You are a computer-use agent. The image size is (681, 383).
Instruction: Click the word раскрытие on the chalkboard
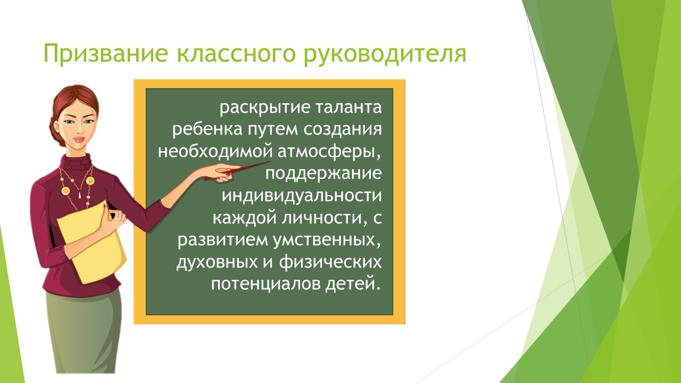tap(265, 108)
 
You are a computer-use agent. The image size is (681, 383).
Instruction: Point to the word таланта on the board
tap(348, 107)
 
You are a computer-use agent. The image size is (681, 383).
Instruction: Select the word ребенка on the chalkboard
tap(207, 129)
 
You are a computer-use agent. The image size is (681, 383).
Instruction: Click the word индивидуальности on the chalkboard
tap(302, 195)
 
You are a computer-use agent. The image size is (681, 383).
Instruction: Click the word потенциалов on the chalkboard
tap(265, 284)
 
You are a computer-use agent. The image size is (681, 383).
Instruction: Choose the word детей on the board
tap(353, 284)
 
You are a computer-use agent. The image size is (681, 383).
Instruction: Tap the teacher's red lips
tap(79, 140)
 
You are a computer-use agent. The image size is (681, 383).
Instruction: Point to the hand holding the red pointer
tap(224, 173)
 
